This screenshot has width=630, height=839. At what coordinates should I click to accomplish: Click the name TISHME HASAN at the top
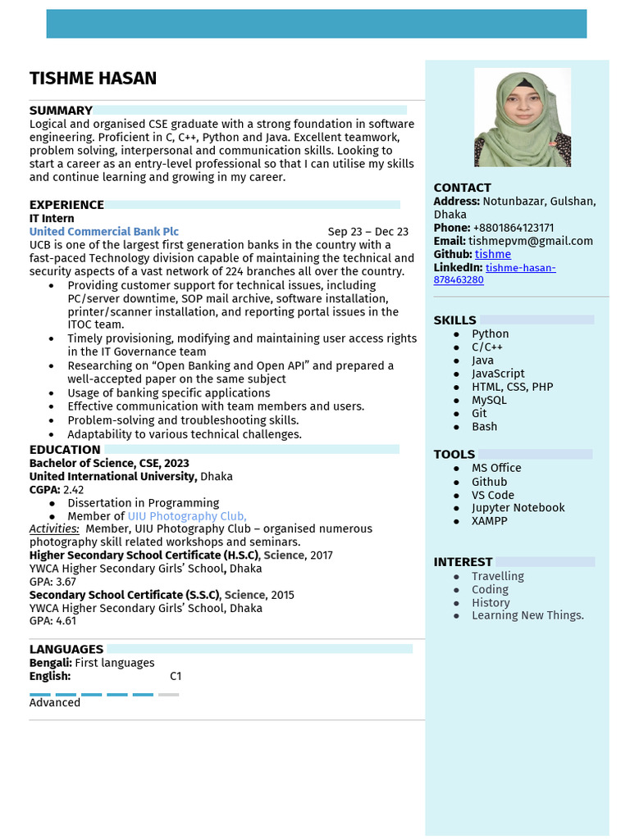[93, 79]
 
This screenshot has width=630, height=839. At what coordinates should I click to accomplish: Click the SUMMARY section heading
[61, 111]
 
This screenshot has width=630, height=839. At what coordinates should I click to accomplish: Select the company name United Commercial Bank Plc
[104, 232]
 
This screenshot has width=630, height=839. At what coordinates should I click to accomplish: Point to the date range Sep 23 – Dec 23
[367, 232]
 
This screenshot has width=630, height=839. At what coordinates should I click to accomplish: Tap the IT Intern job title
[52, 219]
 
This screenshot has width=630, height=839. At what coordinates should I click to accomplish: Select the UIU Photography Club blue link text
[186, 516]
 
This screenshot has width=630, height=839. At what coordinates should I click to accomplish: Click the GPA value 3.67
[66, 582]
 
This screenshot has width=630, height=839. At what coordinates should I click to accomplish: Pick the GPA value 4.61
[66, 621]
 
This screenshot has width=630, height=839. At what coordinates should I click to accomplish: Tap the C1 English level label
[176, 676]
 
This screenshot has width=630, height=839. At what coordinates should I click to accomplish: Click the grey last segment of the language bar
[168, 695]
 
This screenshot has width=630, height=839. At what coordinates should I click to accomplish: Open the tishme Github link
[493, 254]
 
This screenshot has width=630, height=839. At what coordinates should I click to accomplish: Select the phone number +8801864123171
[513, 228]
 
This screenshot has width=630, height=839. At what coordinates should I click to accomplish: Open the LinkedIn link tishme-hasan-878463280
[520, 268]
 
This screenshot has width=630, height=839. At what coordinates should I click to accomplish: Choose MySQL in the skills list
[489, 400]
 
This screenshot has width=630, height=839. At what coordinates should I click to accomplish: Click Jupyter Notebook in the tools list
[518, 508]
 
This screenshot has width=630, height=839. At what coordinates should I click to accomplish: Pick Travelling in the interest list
[497, 576]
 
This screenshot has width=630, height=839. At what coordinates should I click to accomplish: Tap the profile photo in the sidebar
[523, 117]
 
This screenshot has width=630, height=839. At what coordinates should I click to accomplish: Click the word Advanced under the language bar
[55, 702]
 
